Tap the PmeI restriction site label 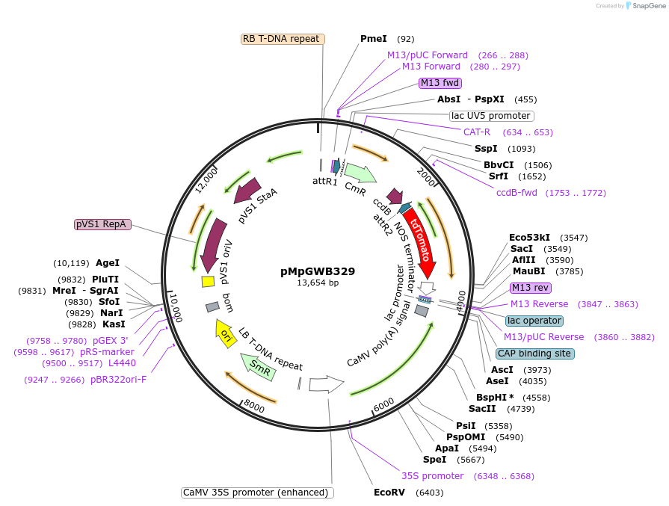tap(374, 39)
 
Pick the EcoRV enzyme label tap(389, 493)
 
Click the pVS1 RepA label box tap(102, 224)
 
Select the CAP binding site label tap(535, 354)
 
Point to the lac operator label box tap(534, 321)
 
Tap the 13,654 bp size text tap(318, 283)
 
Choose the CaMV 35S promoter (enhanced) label tap(257, 493)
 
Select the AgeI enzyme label tap(108, 263)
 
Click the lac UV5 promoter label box tap(491, 116)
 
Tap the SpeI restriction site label tap(434, 460)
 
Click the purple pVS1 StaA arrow tap(247, 192)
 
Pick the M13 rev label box tap(531, 288)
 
